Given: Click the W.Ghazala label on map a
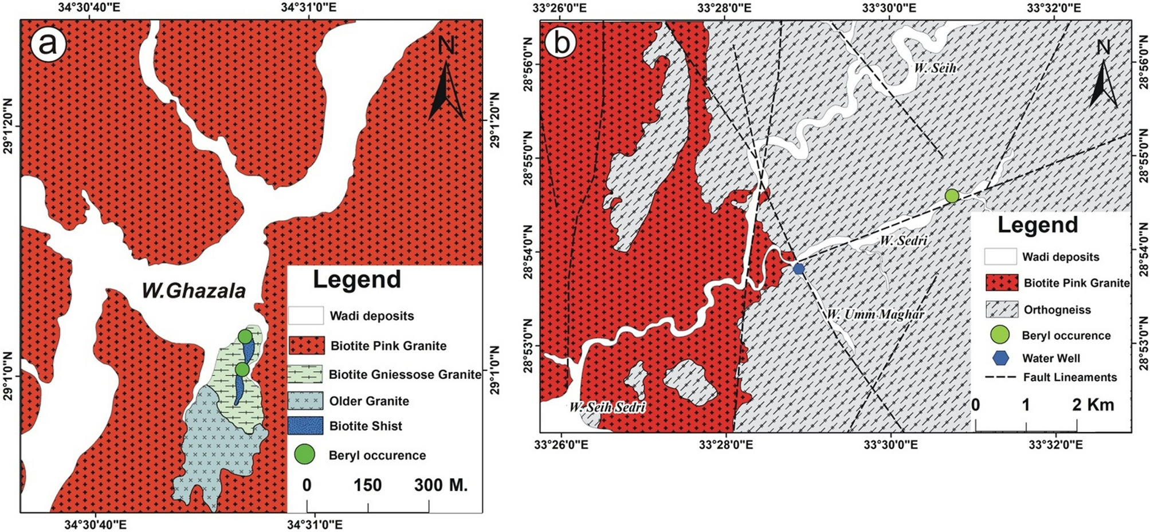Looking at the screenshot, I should [x=194, y=291].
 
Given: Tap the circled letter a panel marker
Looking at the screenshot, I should [x=48, y=44].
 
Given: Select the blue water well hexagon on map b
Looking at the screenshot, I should [x=798, y=268].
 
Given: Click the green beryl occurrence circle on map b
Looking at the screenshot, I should [x=952, y=196].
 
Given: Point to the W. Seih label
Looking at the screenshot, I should [x=935, y=68].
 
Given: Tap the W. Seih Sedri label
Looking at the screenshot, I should [x=607, y=408].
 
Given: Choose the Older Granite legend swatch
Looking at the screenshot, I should [x=306, y=401].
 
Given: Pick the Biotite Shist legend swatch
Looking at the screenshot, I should [x=306, y=426].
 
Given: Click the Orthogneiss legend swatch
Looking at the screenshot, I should [x=1002, y=310].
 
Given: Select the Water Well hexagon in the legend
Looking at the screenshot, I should [x=1000, y=358].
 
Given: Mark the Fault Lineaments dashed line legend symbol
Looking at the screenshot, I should [x=1001, y=378].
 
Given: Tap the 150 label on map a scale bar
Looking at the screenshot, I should [x=367, y=485].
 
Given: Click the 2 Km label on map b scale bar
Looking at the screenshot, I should [x=1093, y=405].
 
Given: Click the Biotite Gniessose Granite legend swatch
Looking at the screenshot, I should [x=306, y=374].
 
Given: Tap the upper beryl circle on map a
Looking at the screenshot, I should [x=245, y=337].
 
